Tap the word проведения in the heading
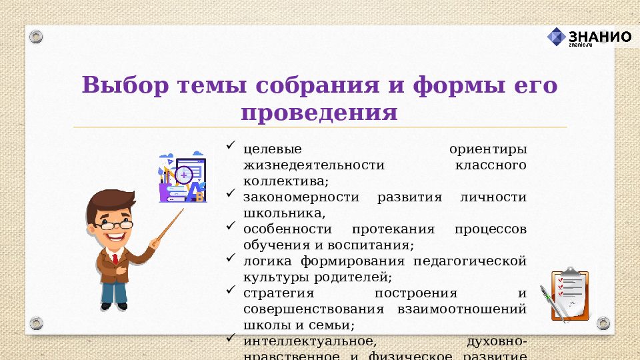point(319,111)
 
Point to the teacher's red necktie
point(115,258)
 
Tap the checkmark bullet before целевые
point(231,144)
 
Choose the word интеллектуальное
point(305,341)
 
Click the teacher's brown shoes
point(113,306)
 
